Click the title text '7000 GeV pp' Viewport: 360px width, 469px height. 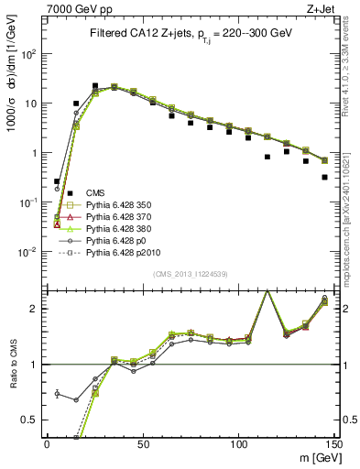62,8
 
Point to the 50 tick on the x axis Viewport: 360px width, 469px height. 142,444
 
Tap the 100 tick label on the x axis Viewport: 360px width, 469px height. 238,444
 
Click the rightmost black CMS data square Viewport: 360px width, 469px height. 325,177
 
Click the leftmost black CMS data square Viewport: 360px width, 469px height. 57,181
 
